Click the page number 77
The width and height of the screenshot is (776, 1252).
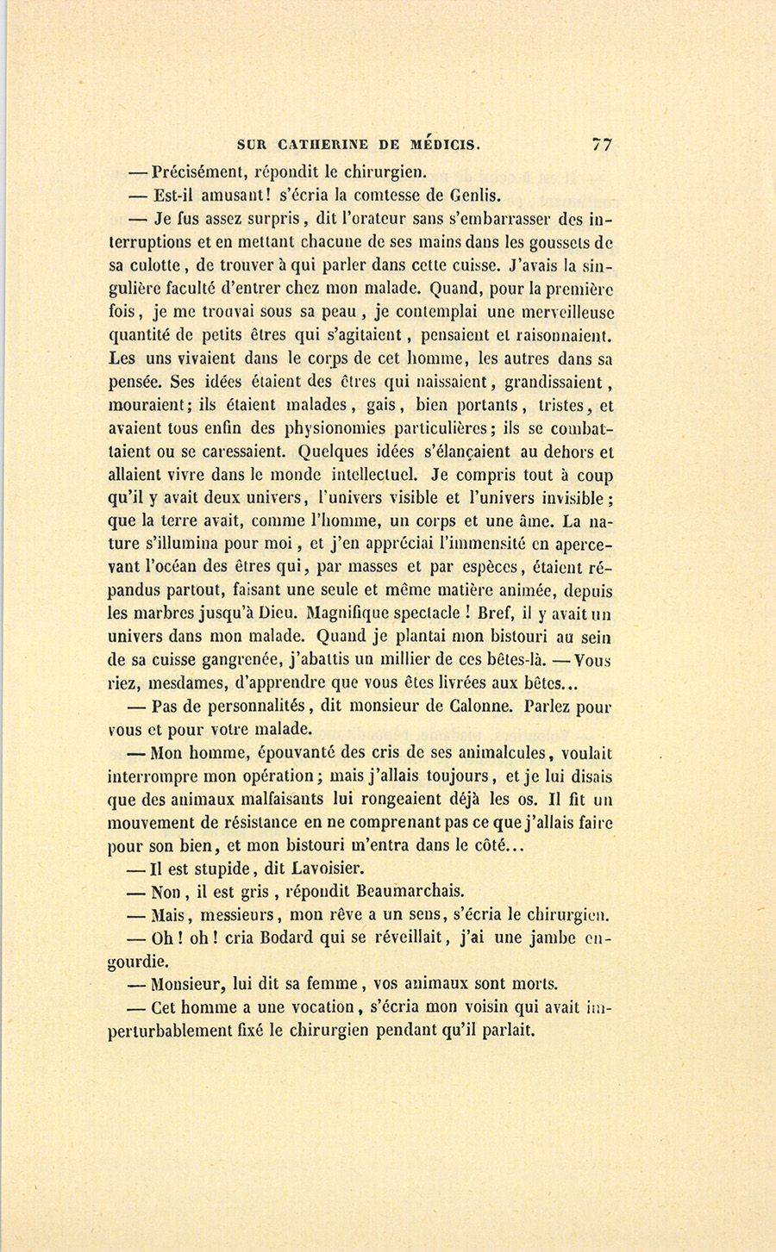(x=602, y=144)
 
